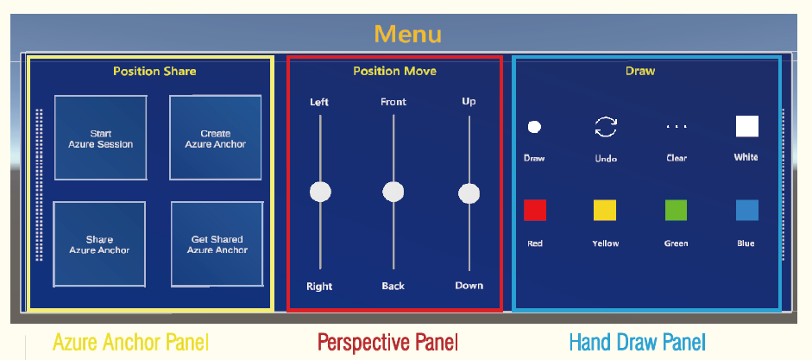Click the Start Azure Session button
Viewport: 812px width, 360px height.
100,138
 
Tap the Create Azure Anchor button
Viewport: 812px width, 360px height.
216,138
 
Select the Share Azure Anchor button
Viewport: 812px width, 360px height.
99,244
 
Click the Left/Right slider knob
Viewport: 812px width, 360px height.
320,193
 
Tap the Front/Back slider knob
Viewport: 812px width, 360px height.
393,192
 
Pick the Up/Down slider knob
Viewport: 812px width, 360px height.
469,193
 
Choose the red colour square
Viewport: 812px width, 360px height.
535,211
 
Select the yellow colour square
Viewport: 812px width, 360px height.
605,211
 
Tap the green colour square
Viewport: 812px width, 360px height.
676,211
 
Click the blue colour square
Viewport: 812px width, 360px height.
746,211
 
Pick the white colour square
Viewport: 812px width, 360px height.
746,126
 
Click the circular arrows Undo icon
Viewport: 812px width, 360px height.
606,127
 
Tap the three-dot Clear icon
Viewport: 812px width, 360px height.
677,126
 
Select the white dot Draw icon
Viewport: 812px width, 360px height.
534,127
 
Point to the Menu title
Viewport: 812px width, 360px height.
407,35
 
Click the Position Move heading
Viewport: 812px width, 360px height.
394,71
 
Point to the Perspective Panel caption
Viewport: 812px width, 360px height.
387,343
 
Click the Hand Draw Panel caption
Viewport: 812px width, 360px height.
637,343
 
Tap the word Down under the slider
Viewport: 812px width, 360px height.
469,286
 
